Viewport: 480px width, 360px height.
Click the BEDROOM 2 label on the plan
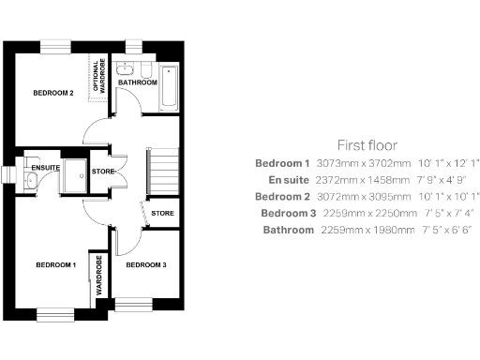53,93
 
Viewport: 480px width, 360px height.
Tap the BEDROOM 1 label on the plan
55,265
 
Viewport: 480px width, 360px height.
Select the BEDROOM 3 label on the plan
146,265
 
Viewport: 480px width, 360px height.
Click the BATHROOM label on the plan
138,82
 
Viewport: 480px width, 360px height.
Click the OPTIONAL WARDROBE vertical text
97,73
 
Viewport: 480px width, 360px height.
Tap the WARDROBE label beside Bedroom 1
97,278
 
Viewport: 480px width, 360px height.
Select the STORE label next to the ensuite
103,171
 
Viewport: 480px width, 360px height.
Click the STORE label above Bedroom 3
162,214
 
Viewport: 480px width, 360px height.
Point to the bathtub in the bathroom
170,87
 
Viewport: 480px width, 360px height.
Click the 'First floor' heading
367,145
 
